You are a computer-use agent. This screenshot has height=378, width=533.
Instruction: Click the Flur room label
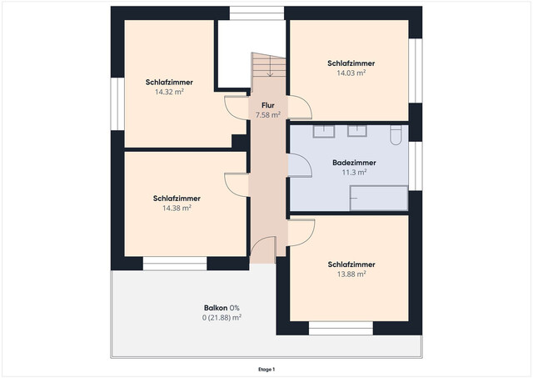click(x=268, y=105)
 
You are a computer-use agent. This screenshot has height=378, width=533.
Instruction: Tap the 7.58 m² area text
click(x=268, y=115)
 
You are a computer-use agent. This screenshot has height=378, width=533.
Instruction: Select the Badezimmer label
click(x=354, y=163)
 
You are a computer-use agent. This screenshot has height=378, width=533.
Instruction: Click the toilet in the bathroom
click(x=396, y=135)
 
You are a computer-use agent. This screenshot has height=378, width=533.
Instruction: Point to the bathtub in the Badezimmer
click(x=379, y=198)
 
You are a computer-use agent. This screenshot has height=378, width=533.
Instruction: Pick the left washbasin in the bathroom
click(x=324, y=131)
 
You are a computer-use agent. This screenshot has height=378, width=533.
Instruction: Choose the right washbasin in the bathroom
click(x=357, y=131)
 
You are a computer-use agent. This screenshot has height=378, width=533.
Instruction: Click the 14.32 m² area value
click(x=169, y=92)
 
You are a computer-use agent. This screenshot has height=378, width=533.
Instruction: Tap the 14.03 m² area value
click(x=351, y=73)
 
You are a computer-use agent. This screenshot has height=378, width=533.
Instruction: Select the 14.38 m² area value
click(x=177, y=208)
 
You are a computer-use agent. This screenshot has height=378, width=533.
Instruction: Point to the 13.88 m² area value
click(x=351, y=275)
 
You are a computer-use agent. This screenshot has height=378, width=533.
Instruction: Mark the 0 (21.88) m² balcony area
click(x=222, y=318)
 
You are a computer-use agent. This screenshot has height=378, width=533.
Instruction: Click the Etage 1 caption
click(x=266, y=370)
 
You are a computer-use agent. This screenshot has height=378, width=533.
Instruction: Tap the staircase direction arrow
click(x=270, y=66)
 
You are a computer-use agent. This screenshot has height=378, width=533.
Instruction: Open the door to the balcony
click(x=262, y=249)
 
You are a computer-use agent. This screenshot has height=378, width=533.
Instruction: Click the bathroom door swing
click(x=300, y=165)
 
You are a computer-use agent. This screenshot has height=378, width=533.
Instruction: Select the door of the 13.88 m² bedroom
click(x=301, y=233)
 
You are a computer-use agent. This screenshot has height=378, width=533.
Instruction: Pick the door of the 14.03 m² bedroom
click(x=300, y=108)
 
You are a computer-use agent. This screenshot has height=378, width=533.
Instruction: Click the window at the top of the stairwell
click(x=257, y=13)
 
